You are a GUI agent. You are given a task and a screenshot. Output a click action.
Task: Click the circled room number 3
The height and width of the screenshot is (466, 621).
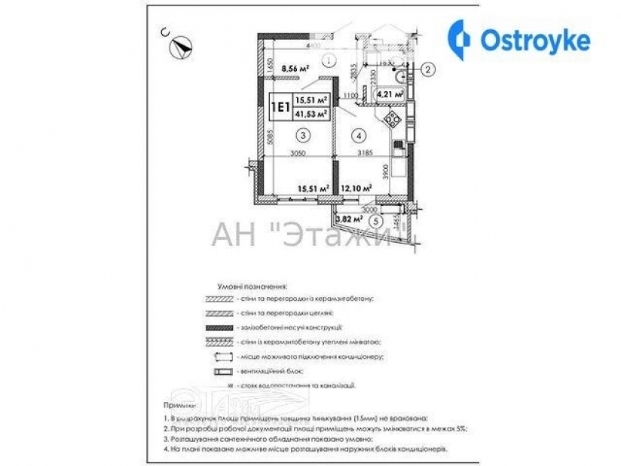(302, 135)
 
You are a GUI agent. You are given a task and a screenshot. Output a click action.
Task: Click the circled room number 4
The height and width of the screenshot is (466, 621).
(359, 135)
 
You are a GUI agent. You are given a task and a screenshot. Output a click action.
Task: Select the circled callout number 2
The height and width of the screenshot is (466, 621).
(427, 70)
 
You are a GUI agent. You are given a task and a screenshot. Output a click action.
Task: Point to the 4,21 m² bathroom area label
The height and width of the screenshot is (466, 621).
(389, 94)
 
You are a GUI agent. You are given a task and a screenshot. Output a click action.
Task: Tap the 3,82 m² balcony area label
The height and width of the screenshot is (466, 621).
(348, 219)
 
